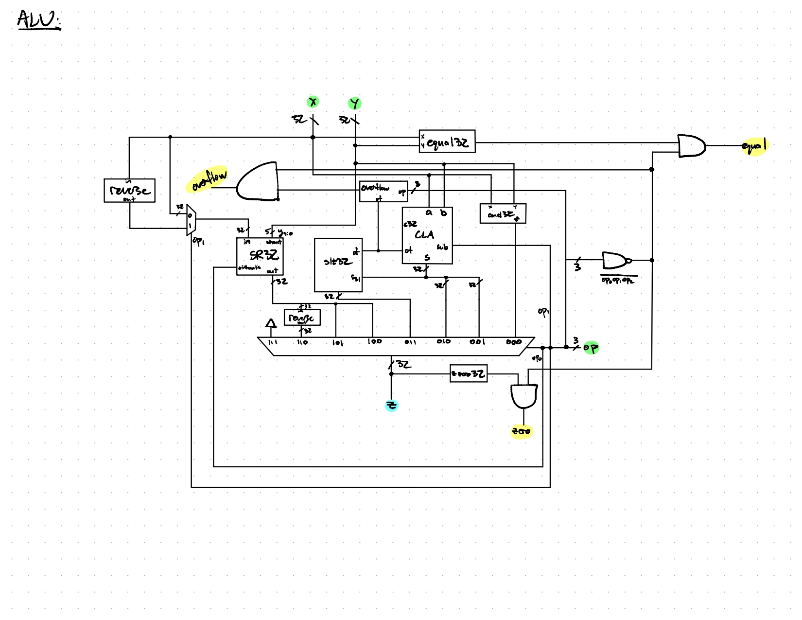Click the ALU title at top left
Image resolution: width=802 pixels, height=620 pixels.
[x=38, y=20]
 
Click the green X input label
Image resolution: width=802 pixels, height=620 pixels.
[x=314, y=102]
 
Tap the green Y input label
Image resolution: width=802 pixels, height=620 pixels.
[x=355, y=103]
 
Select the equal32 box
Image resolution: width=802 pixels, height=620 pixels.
[x=447, y=142]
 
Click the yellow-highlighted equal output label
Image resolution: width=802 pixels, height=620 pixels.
[x=754, y=145]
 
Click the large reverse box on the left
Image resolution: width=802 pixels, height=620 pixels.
[x=129, y=190]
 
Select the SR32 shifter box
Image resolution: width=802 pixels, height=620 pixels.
[x=260, y=256]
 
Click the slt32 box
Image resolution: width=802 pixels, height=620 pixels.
[x=338, y=265]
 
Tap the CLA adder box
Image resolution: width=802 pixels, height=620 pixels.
[x=427, y=236]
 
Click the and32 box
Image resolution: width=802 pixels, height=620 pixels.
[x=503, y=213]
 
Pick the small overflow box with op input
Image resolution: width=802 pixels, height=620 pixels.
[x=383, y=191]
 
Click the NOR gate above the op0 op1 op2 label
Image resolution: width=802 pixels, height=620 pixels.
[x=615, y=261]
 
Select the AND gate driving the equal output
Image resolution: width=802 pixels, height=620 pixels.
[x=691, y=146]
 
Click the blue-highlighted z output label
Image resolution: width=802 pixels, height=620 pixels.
[x=391, y=405]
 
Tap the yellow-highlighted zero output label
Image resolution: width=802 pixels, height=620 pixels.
[x=521, y=431]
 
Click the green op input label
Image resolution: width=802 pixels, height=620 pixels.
[x=591, y=347]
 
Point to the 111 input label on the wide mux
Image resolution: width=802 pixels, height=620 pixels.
[x=273, y=342]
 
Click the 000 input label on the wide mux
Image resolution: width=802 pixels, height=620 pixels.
[x=514, y=342]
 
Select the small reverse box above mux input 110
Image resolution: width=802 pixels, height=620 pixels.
[x=302, y=318]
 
